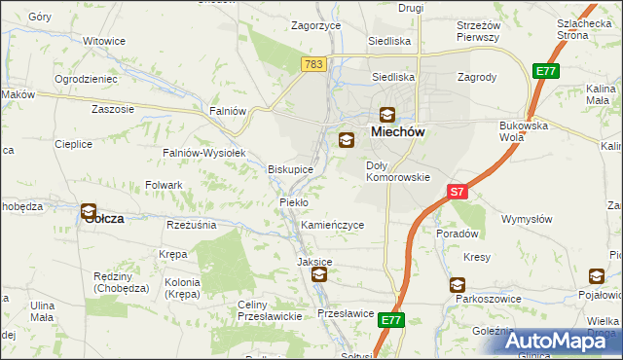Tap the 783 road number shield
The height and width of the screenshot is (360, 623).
click(312, 64)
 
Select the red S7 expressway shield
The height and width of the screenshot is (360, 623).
click(458, 192)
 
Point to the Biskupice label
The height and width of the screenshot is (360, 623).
click(290, 169)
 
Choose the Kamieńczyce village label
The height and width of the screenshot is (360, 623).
click(332, 225)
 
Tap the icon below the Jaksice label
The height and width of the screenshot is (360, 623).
click(318, 276)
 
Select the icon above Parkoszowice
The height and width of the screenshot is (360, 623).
click(457, 285)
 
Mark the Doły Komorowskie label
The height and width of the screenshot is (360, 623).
click(397, 171)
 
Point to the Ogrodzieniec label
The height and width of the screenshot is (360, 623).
click(86, 78)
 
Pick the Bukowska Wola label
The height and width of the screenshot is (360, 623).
click(524, 131)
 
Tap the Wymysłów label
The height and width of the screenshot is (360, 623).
click(527, 219)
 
